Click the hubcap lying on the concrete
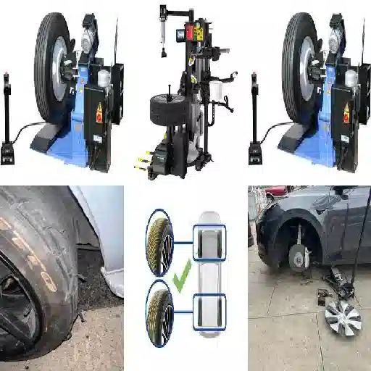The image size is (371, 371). (x=343, y=316)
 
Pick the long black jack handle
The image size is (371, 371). (x=359, y=232)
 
